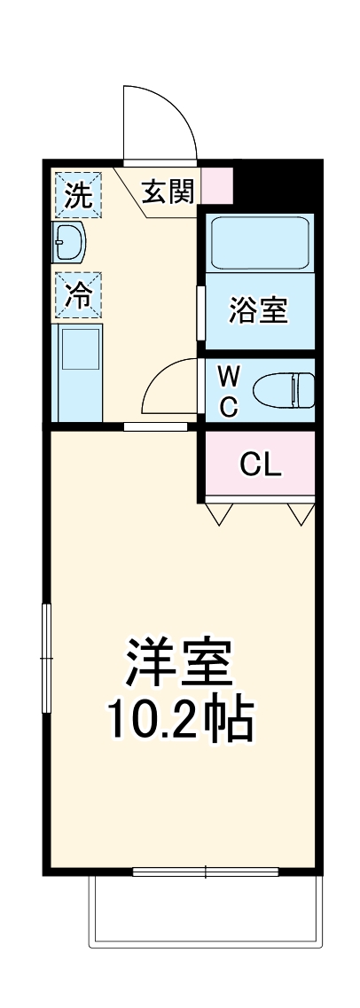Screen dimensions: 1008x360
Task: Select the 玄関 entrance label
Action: (168, 191)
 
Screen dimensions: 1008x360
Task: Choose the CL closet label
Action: (261, 464)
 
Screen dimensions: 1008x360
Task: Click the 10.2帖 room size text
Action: (181, 720)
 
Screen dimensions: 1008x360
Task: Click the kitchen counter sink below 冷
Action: (79, 372)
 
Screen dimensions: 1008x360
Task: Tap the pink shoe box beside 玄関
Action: (218, 186)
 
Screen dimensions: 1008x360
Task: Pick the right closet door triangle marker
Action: (301, 513)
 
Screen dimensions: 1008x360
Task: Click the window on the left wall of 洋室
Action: (47, 657)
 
